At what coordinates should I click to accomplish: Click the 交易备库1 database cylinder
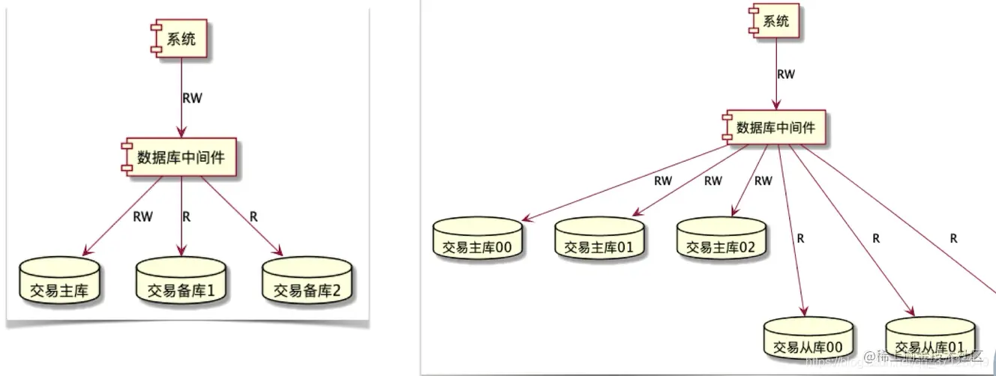tap(181, 282)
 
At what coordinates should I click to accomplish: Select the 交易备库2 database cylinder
tap(307, 282)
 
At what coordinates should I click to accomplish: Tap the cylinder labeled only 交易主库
tap(59, 282)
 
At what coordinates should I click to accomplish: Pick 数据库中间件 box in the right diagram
tap(775, 127)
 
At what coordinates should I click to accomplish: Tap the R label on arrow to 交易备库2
tap(253, 216)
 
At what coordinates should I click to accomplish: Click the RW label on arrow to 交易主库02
tap(763, 181)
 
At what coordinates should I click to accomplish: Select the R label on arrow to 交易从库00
tap(801, 239)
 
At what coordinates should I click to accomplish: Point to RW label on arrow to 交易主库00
tap(663, 181)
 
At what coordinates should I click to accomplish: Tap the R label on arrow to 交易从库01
tap(875, 239)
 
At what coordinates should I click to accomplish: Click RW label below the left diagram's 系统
tap(192, 97)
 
